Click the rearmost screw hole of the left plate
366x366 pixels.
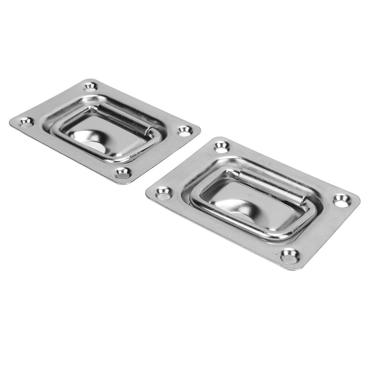(90, 86)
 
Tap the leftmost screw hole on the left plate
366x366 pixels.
(26, 123)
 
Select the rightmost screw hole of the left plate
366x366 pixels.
(185, 131)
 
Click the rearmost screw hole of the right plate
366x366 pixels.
(221, 147)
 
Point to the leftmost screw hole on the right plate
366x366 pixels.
(164, 193)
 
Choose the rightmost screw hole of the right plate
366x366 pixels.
(342, 201)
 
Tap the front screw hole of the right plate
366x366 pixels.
(289, 256)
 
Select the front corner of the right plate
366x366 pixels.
(297, 269)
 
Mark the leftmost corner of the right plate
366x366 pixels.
(147, 193)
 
